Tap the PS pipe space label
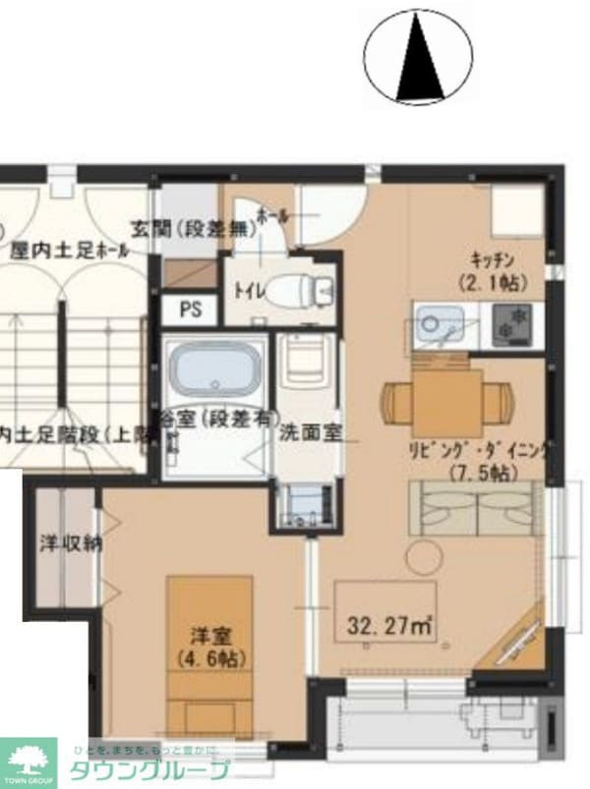pyautogui.click(x=191, y=310)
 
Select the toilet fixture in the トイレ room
pyautogui.click(x=304, y=290)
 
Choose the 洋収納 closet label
pyautogui.click(x=66, y=542)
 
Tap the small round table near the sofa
pyautogui.click(x=426, y=556)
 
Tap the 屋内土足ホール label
pyautogui.click(x=69, y=252)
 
